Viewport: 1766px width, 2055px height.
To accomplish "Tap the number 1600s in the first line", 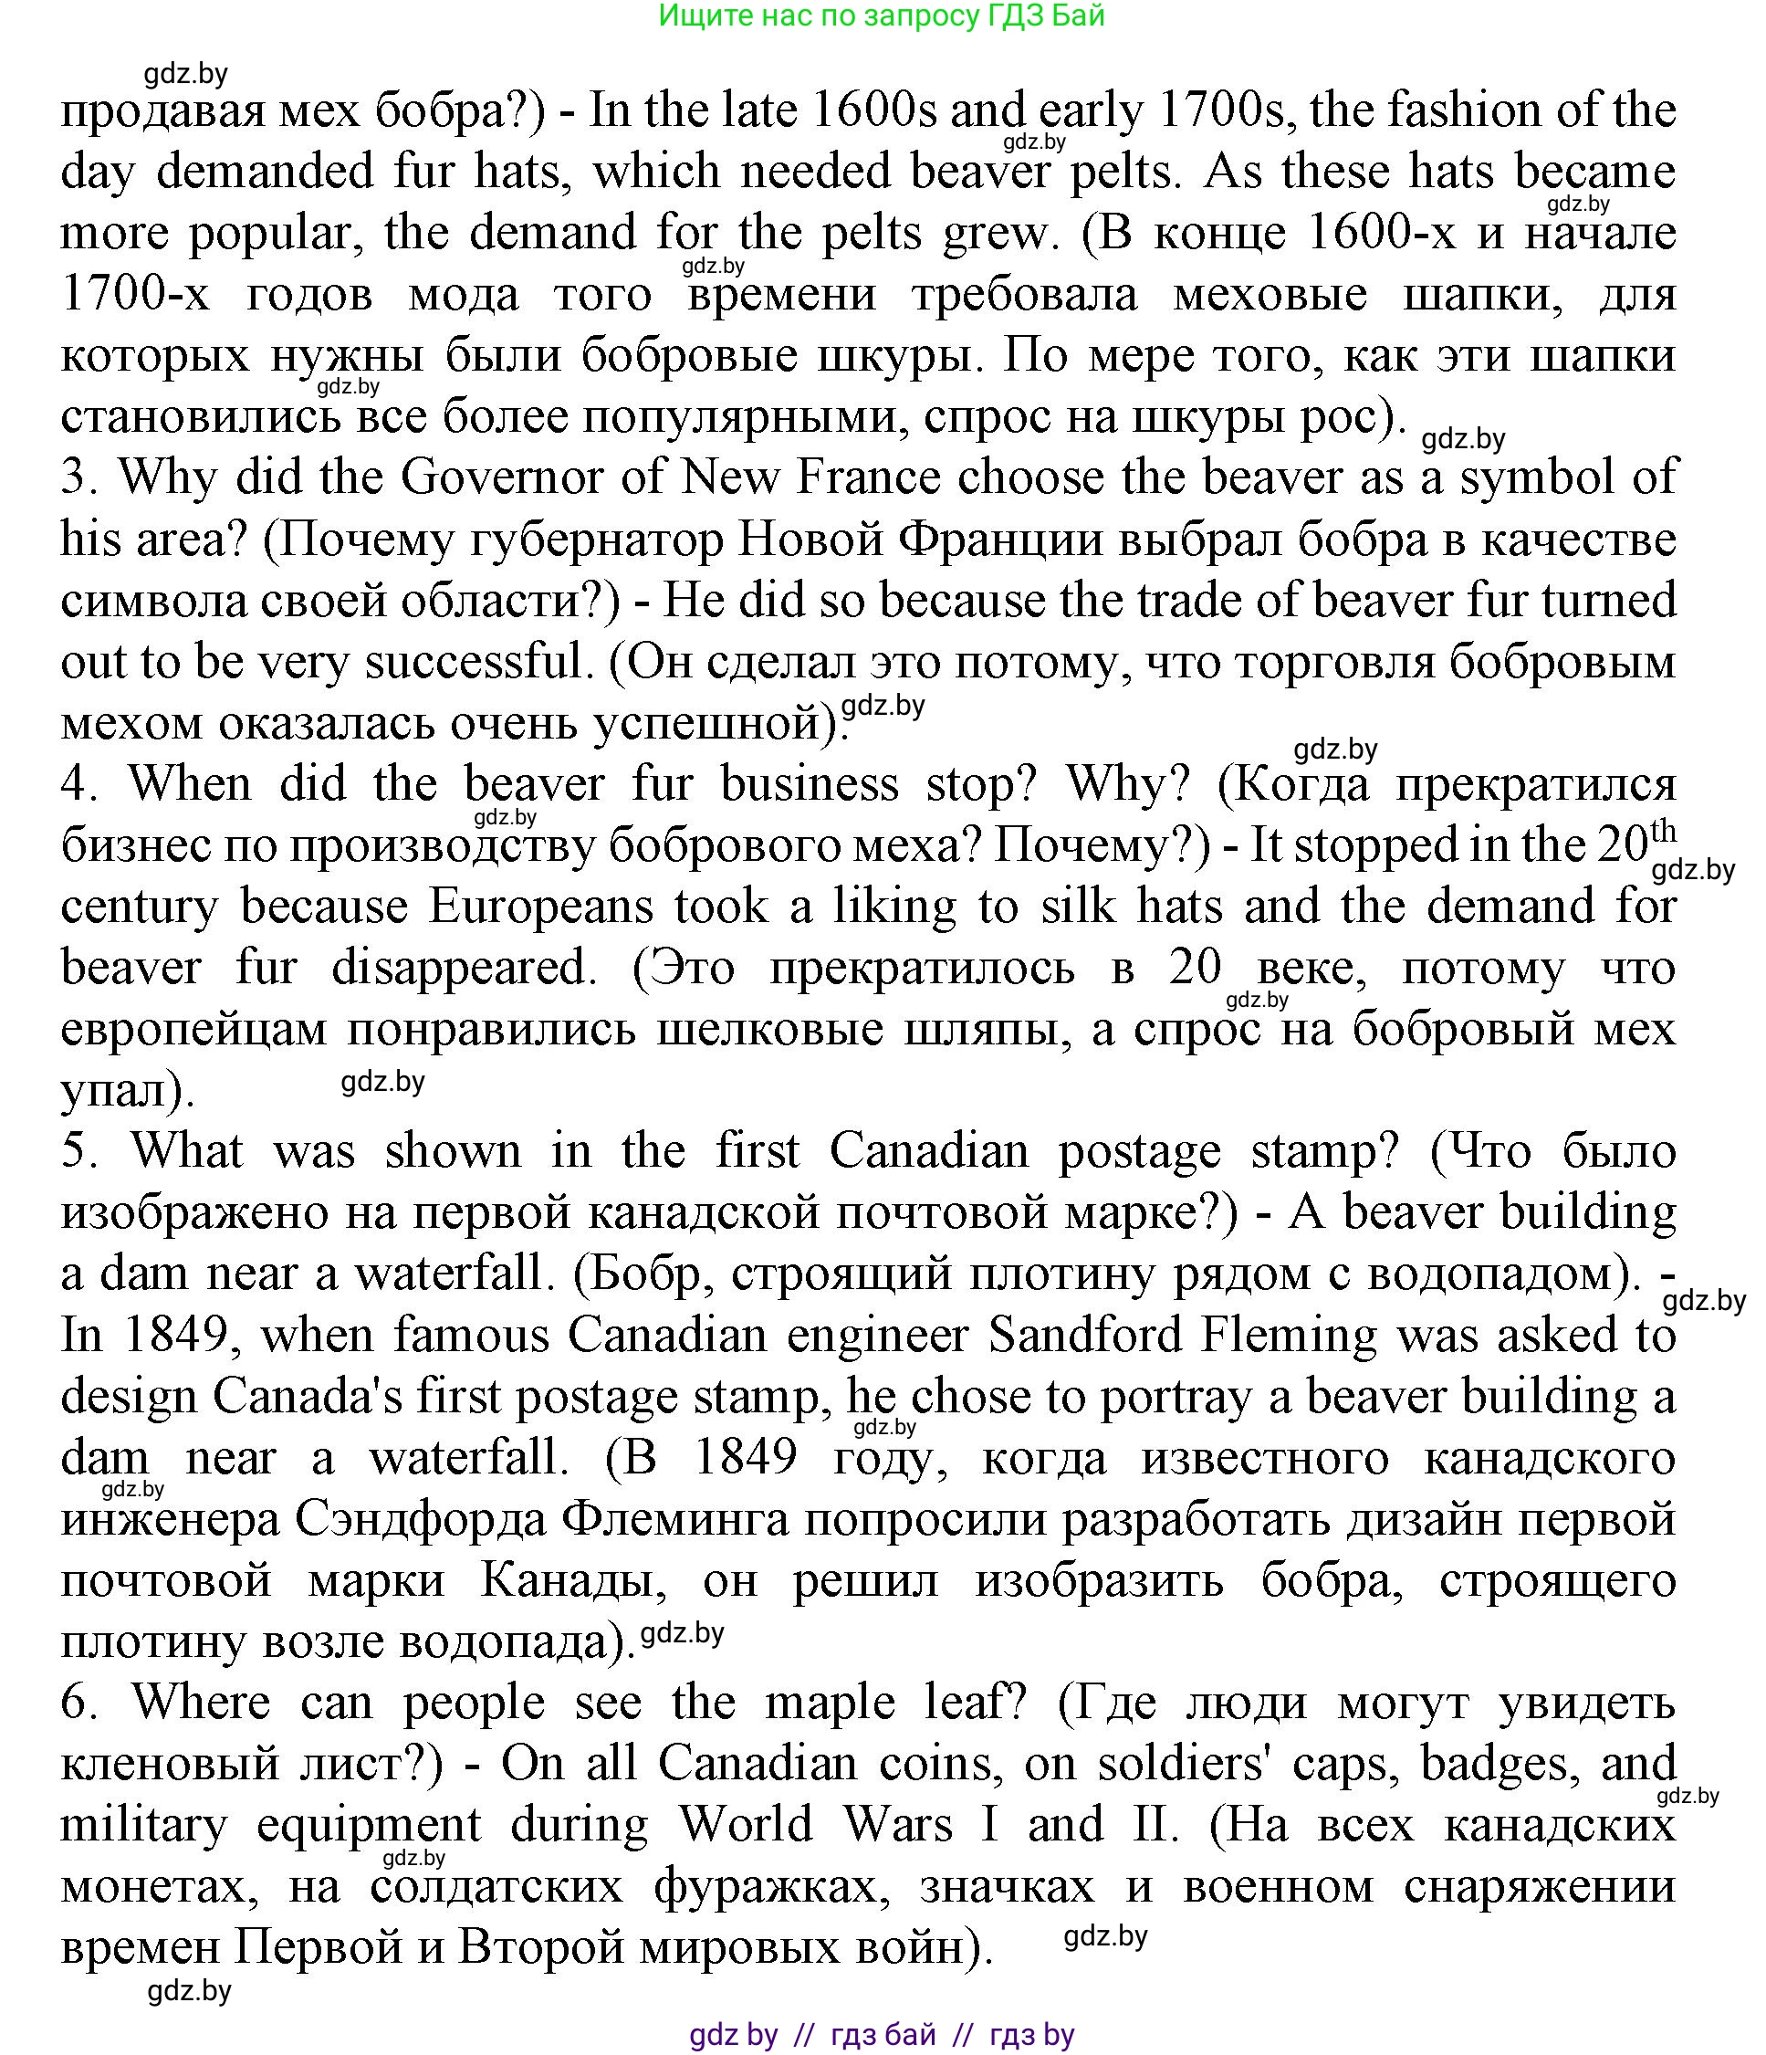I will click(873, 111).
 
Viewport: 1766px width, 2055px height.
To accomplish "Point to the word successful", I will click(476, 663).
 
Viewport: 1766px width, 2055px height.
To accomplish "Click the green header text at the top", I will click(882, 16).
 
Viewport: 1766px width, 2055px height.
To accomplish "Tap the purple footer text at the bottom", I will click(882, 2035).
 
